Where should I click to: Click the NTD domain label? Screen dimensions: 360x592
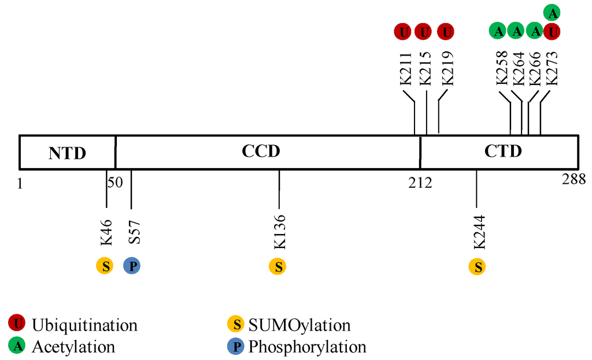(67, 153)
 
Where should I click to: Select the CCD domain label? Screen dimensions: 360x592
(261, 151)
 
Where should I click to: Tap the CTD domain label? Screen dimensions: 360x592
(502, 151)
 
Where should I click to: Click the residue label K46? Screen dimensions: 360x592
(106, 232)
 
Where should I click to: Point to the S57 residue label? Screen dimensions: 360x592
(132, 232)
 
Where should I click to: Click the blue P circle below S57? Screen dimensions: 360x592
(132, 266)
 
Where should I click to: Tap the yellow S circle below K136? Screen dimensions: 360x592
(277, 266)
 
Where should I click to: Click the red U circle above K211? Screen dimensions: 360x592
(403, 31)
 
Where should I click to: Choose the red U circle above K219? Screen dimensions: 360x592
(445, 31)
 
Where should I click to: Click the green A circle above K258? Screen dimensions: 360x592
(498, 31)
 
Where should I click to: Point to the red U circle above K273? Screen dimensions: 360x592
(553, 31)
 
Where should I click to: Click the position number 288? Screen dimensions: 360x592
(573, 180)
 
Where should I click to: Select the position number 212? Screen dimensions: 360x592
(420, 184)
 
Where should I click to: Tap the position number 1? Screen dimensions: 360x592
(21, 184)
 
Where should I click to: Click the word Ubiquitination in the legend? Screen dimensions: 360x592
(85, 325)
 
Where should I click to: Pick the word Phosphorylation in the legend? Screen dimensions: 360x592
(308, 347)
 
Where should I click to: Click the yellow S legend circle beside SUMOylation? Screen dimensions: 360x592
(236, 325)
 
